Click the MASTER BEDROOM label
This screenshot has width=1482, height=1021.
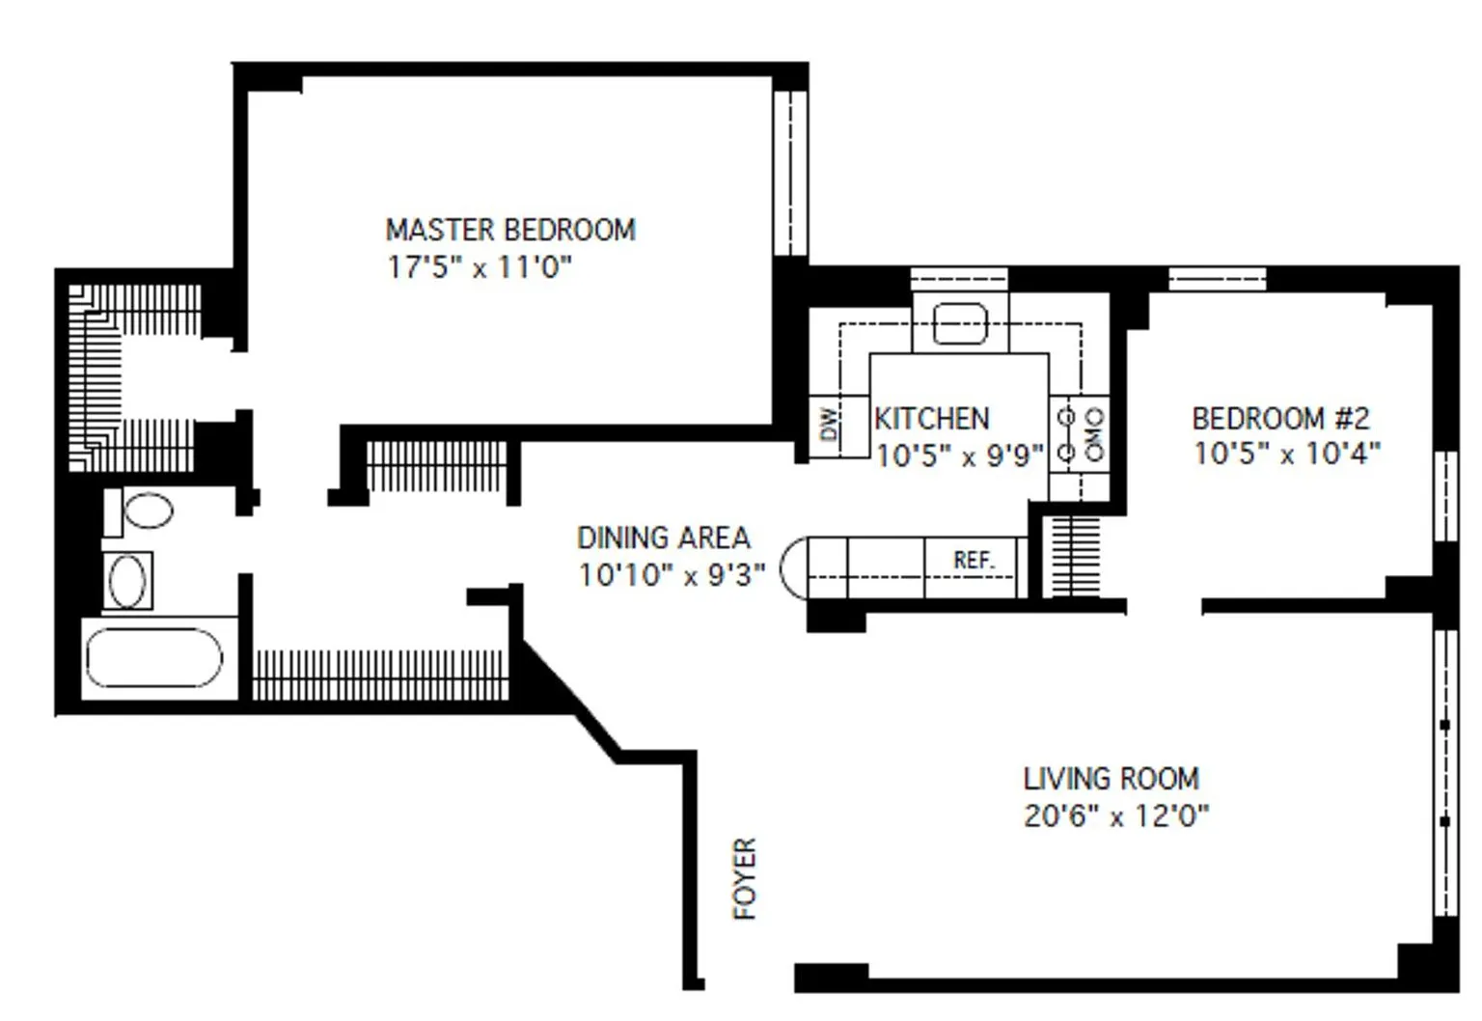[510, 231]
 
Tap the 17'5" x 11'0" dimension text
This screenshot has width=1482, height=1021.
[479, 268]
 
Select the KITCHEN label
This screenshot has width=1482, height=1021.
[931, 419]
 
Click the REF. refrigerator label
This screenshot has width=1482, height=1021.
[974, 561]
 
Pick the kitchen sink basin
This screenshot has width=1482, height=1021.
[960, 324]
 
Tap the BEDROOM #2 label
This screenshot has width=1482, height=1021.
[1280, 418]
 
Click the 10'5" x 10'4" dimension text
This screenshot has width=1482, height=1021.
[1287, 454]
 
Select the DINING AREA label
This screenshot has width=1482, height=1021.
[664, 538]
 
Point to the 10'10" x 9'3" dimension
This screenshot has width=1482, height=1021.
[672, 575]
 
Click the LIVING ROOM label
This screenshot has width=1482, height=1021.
[1111, 779]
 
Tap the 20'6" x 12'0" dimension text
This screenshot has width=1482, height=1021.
[1116, 815]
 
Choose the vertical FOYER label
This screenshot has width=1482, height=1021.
[745, 878]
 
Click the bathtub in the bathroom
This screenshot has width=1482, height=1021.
[154, 658]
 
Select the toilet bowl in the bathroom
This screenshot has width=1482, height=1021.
[149, 510]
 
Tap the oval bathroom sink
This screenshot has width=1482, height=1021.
[127, 582]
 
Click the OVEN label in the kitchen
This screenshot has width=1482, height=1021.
[1095, 434]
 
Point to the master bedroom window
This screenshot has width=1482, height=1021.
[790, 173]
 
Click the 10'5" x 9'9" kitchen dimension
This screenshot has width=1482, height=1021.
[960, 455]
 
